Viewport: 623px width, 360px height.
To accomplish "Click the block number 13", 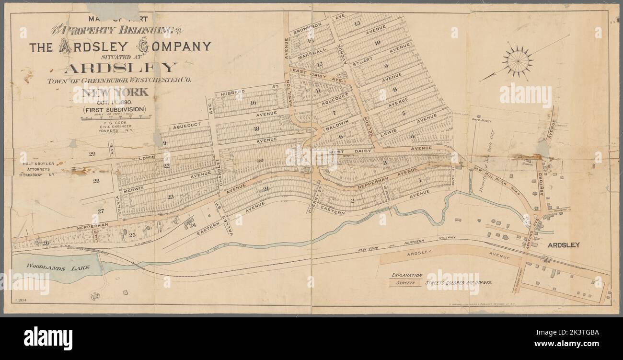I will [x=357, y=23].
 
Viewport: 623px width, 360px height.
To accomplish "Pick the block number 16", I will [x=253, y=103].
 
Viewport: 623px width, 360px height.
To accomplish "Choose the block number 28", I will [x=96, y=181].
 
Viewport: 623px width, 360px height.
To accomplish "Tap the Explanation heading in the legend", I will [x=407, y=275].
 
